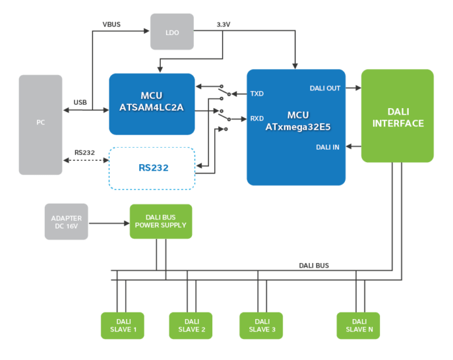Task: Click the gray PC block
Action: [x=40, y=124]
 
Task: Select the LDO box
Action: [x=171, y=31]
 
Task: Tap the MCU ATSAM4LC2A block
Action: [x=152, y=104]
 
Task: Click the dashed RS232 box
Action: [x=152, y=168]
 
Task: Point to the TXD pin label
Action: [x=256, y=94]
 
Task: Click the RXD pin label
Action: [x=256, y=118]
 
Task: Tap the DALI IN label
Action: [x=327, y=147]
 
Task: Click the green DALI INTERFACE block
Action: [x=398, y=116]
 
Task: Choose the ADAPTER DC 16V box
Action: [x=66, y=221]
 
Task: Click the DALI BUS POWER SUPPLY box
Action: [x=160, y=221]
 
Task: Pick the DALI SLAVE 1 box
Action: [x=122, y=325]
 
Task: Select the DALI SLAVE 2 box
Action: [x=191, y=325]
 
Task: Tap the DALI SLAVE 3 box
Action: [x=261, y=325]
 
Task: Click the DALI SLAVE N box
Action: [x=358, y=325]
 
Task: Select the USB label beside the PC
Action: [x=80, y=103]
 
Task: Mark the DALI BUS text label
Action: [x=314, y=265]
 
